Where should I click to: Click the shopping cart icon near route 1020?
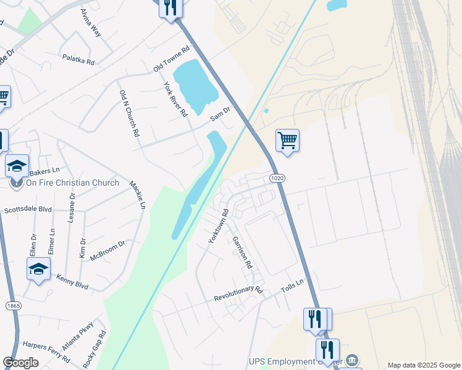[287, 141]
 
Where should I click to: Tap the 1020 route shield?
[277, 178]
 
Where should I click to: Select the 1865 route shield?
[12, 306]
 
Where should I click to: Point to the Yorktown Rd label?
[218, 226]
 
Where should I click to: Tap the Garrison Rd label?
[242, 252]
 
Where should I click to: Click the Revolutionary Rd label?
[238, 294]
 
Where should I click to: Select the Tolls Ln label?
[293, 286]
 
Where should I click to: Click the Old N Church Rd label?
[129, 113]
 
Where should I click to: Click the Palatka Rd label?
[78, 60]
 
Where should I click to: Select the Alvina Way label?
[90, 23]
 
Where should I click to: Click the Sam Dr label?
[220, 113]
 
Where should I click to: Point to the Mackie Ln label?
[137, 194]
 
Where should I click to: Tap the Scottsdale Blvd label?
[28, 210]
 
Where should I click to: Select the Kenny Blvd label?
[72, 283]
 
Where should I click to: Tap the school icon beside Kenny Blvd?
[38, 269]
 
